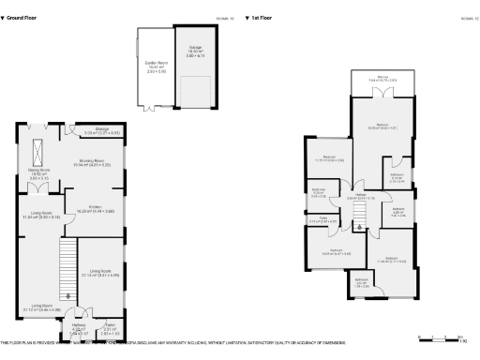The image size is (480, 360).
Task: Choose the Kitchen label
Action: (95, 207)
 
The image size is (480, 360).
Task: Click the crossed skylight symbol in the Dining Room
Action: (39, 151)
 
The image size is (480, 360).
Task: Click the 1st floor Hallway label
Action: (361, 196)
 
